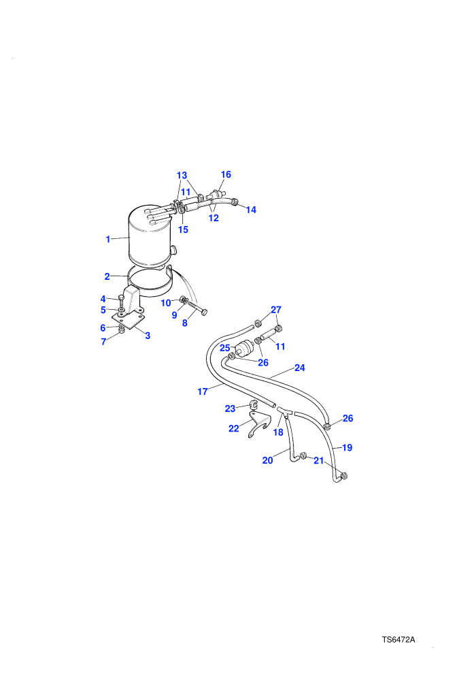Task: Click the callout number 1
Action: click(108, 240)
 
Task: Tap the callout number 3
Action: click(148, 336)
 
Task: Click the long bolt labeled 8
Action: click(197, 308)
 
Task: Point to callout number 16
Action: click(226, 174)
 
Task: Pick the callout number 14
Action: click(251, 210)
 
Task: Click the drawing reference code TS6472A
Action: click(398, 639)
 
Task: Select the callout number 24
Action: click(300, 368)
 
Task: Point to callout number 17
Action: click(203, 391)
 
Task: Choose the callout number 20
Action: click(267, 461)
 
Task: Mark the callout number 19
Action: click(347, 448)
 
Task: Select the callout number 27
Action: click(276, 310)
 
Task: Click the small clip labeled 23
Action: click(253, 405)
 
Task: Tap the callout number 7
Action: click(103, 342)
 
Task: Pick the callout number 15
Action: click(184, 230)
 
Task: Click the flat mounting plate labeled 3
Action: click(129, 320)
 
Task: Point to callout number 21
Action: click(318, 461)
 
